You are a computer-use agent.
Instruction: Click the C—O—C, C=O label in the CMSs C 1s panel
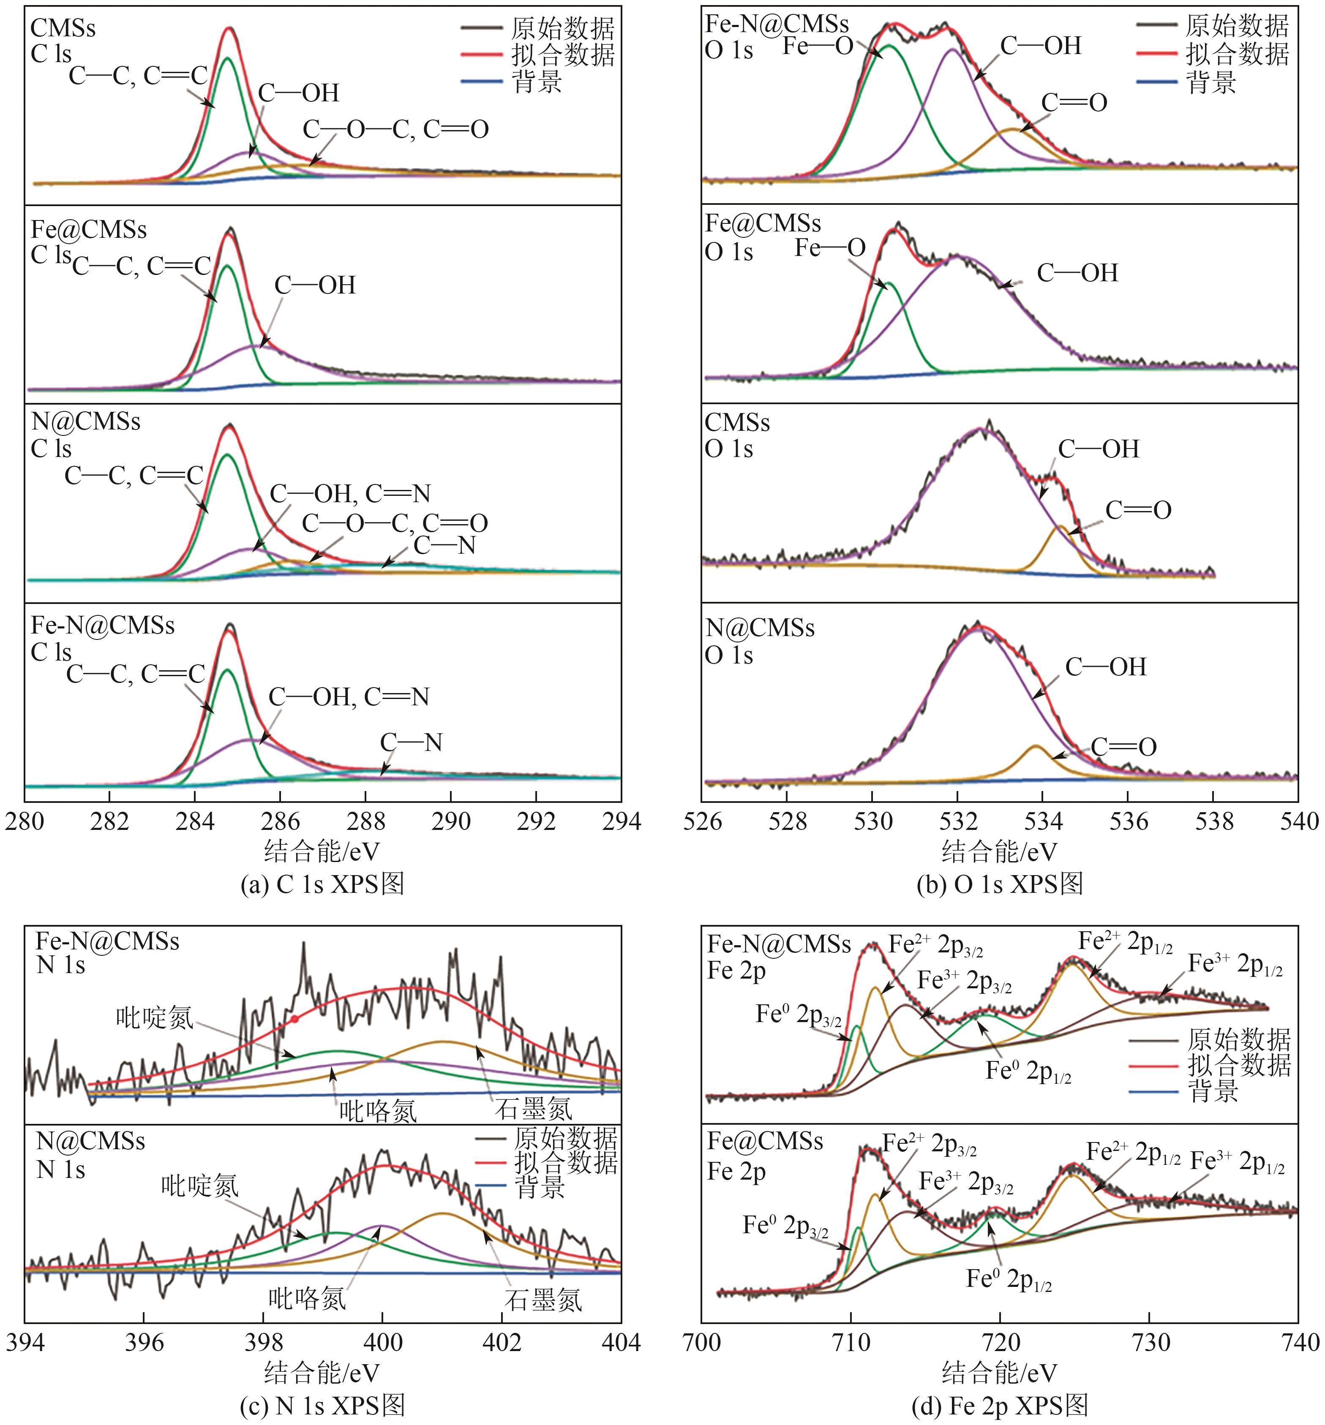[396, 130]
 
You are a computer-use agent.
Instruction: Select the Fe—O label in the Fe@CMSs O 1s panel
[830, 248]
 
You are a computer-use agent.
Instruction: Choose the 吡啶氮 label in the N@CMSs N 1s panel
[199, 1186]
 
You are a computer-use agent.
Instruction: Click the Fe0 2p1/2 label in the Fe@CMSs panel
[1009, 1279]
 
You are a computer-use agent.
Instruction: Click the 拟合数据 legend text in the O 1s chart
[1237, 54]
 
